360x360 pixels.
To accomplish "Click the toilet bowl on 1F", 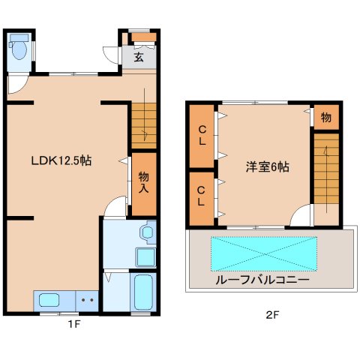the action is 19,50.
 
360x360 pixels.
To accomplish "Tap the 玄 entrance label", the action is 139,57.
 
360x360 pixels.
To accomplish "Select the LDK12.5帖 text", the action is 61,160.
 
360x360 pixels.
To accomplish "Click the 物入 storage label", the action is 144,182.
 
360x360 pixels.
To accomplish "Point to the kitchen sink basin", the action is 49,300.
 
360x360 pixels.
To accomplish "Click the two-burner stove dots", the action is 88,300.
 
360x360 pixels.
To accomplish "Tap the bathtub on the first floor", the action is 143,292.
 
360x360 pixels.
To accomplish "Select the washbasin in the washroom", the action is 148,232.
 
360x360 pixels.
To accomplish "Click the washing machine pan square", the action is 145,257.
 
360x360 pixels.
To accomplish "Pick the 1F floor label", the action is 74,325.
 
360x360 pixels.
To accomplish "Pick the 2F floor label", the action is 272,315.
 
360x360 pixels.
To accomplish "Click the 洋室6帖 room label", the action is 268,167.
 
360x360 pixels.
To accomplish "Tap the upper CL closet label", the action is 202,136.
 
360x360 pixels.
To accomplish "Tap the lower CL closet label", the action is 201,196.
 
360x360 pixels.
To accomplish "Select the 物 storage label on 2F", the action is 326,117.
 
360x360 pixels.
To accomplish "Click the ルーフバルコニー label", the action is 262,280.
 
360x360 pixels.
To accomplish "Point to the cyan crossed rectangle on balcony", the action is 264,253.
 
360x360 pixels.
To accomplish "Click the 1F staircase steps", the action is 144,126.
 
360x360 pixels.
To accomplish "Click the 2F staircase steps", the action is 326,169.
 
